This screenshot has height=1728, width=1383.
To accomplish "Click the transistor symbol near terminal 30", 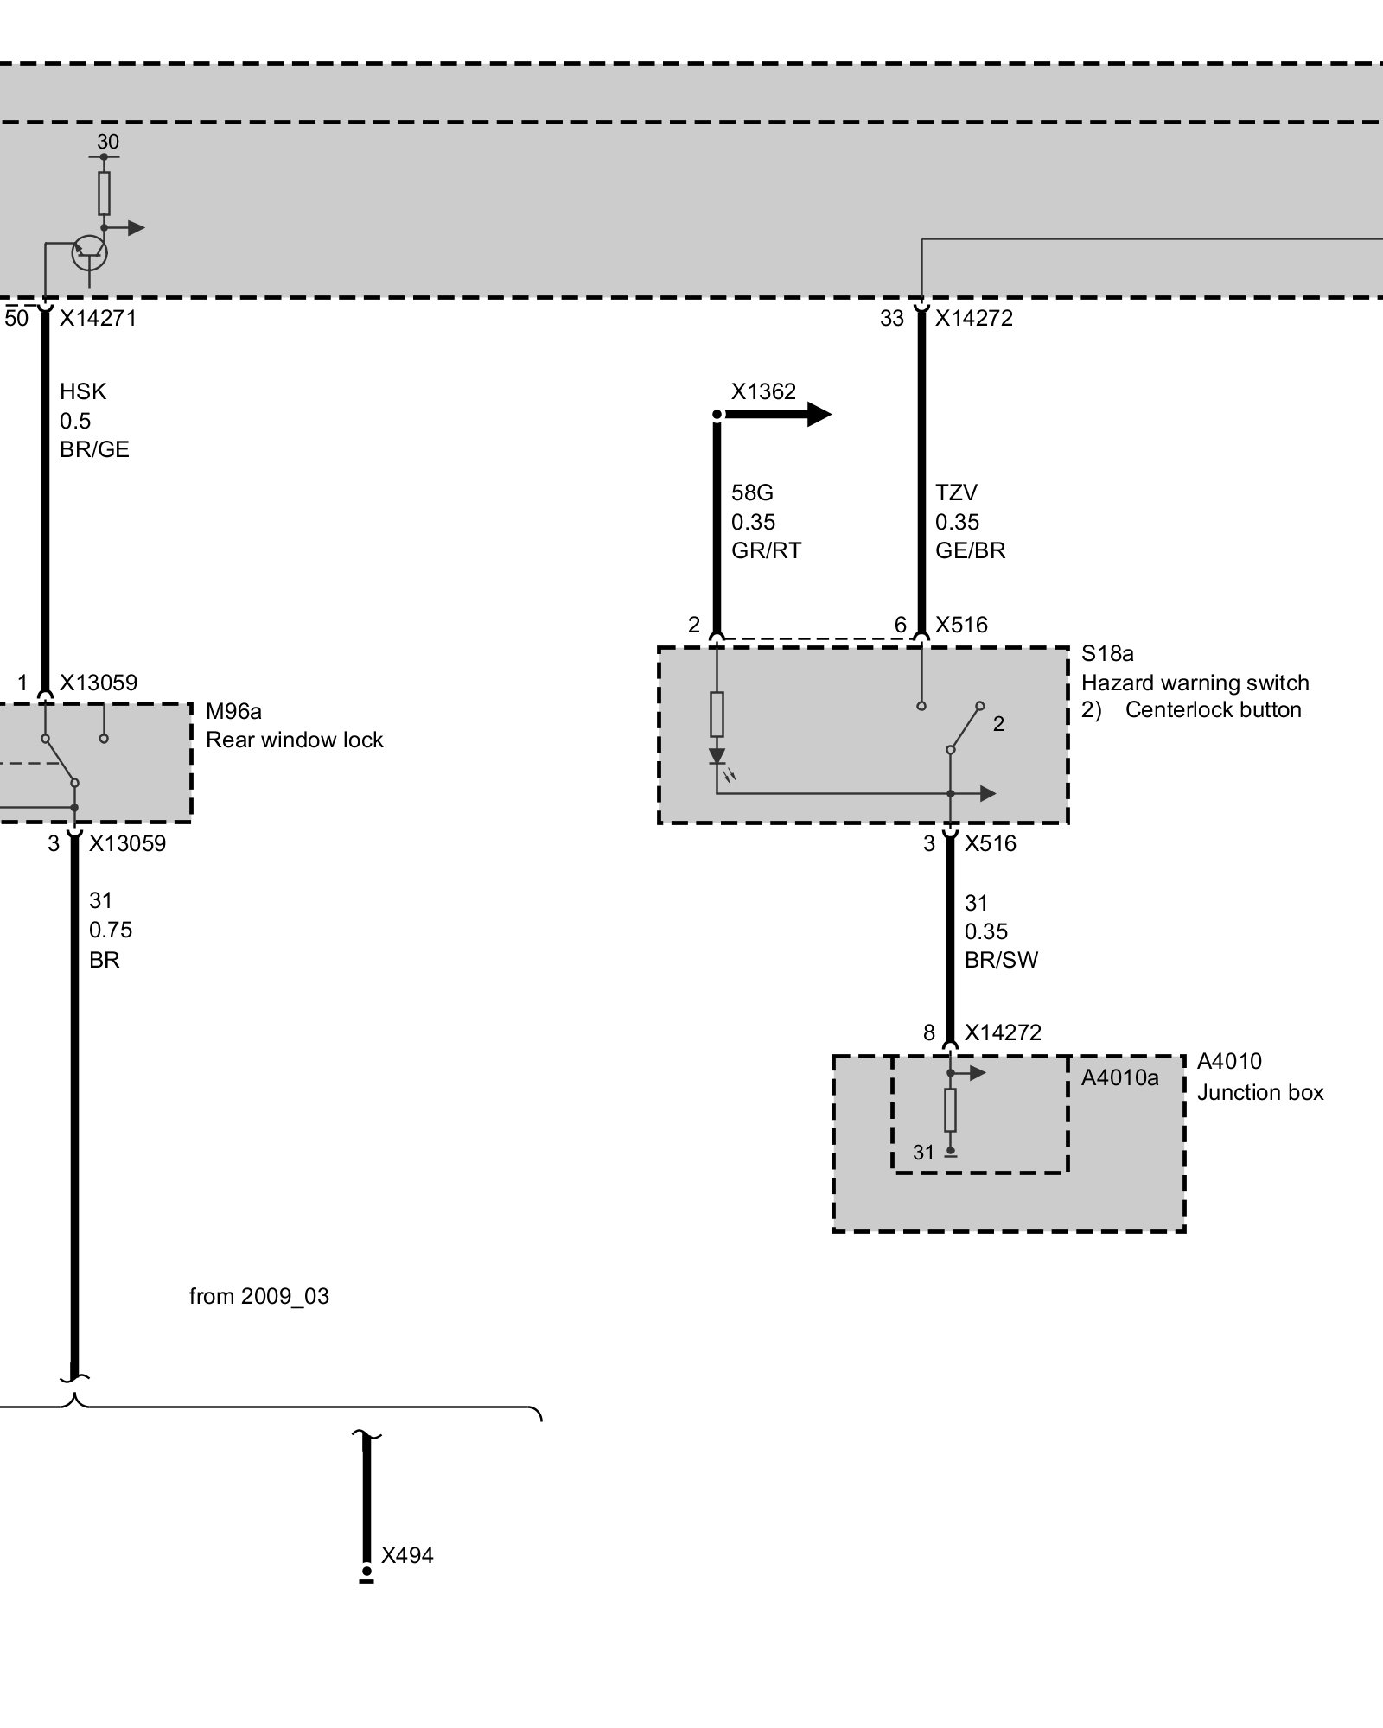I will click(89, 252).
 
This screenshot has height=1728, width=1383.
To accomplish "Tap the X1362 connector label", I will click(763, 392).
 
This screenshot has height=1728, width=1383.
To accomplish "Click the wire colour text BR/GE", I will click(94, 449).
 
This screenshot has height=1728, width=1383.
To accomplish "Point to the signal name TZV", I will click(956, 493).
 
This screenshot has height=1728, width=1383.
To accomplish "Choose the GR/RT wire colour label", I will click(766, 550).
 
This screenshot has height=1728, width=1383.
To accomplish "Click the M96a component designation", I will click(233, 711).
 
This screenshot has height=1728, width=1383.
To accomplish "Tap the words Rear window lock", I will click(294, 740).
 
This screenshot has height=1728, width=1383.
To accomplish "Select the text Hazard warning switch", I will click(1195, 683).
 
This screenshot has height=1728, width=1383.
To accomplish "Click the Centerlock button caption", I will click(1213, 710).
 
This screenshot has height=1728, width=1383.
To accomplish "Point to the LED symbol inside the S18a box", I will click(717, 758).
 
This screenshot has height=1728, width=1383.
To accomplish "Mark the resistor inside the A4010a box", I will click(950, 1110).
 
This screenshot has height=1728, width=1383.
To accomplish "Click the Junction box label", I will click(1260, 1093).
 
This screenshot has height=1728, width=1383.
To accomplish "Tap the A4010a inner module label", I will click(1119, 1077).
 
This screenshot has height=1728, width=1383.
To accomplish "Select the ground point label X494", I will click(407, 1556).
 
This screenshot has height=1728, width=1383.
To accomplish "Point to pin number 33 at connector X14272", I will click(892, 319).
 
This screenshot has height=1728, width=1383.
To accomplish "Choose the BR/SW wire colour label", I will click(1001, 960).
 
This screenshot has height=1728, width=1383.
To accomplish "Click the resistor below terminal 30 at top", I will click(104, 193).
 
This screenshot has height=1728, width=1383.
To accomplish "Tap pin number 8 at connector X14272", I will click(929, 1033).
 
